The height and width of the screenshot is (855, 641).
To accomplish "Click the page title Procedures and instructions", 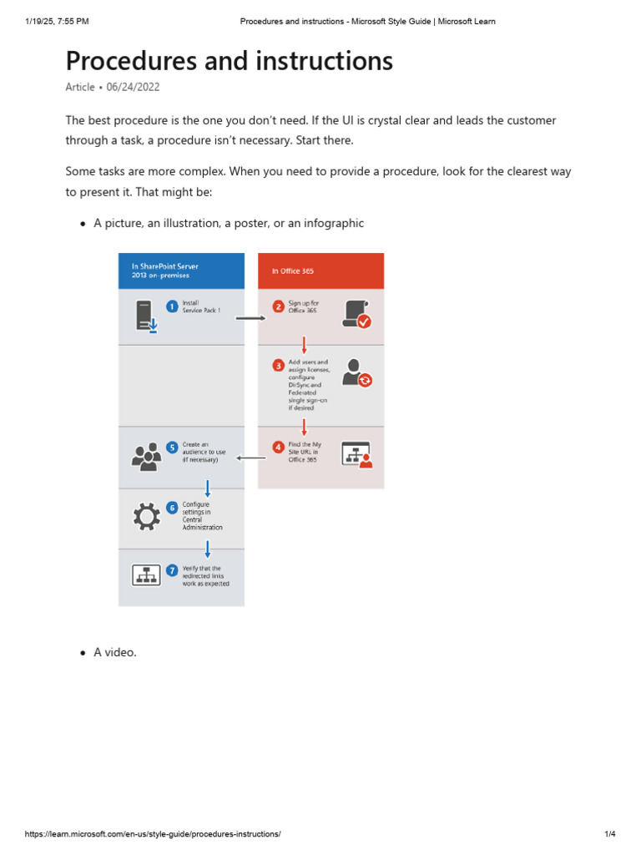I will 229,61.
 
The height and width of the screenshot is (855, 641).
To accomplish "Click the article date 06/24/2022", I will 133,87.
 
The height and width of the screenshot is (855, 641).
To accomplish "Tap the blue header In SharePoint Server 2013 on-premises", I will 181,271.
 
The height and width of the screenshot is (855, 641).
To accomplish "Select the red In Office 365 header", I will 320,271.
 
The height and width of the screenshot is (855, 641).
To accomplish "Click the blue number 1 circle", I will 172,306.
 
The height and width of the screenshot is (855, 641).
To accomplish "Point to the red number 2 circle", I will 278,306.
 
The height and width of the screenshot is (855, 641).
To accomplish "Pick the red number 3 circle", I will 278,365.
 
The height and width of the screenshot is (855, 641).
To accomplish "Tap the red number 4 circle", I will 278,448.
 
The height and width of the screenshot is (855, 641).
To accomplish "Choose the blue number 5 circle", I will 172,448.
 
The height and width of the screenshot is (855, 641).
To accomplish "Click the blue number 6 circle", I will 172,507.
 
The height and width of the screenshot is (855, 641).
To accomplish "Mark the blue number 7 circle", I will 172,570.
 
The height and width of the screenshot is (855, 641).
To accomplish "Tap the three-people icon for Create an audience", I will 146,457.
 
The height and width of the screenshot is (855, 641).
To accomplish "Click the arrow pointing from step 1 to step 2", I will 250,318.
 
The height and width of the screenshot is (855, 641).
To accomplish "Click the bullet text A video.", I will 115,652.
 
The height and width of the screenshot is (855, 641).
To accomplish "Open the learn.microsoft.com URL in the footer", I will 153,834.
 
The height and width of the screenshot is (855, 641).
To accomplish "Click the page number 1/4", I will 609,834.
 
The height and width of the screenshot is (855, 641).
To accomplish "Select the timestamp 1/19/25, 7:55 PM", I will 57,21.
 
